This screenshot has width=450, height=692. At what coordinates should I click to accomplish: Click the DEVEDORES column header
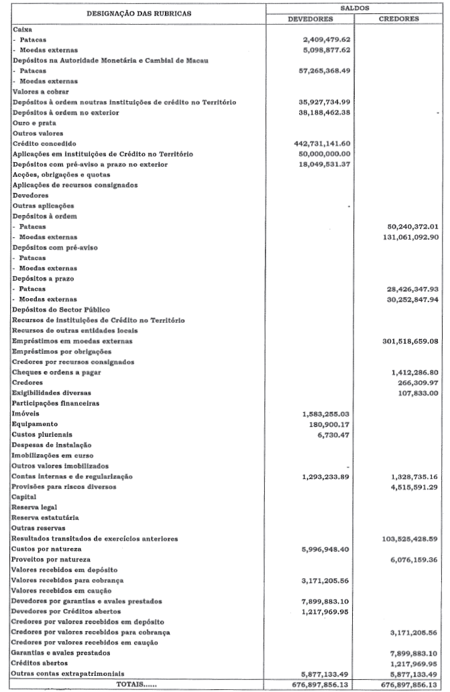click(310, 19)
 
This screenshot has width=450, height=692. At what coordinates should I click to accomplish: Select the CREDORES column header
click(398, 19)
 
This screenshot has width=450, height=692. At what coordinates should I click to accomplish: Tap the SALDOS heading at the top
click(354, 8)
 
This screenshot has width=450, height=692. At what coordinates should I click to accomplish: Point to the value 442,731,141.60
click(323, 144)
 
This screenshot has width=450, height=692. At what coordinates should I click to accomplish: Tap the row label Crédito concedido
click(45, 144)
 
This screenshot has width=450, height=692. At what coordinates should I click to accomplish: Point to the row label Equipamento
click(35, 424)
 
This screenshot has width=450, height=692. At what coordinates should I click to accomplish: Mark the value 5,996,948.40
click(328, 549)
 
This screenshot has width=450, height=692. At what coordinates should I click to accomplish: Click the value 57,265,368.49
click(325, 71)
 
